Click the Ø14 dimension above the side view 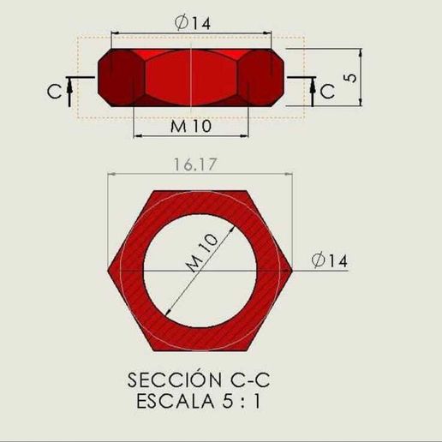(x=191, y=24)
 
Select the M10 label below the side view (x=191, y=127)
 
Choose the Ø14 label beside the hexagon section (x=330, y=261)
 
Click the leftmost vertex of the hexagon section (x=109, y=271)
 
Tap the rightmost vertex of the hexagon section (x=293, y=271)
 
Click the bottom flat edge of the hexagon (x=200, y=350)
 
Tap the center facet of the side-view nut (x=191, y=77)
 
